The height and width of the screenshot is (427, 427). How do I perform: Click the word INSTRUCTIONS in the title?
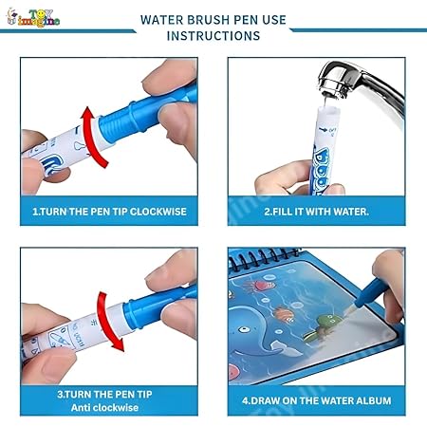(213, 36)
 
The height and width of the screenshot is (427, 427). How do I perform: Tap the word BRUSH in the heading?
(209, 18)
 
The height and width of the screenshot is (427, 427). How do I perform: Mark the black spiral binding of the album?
(313, 255)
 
